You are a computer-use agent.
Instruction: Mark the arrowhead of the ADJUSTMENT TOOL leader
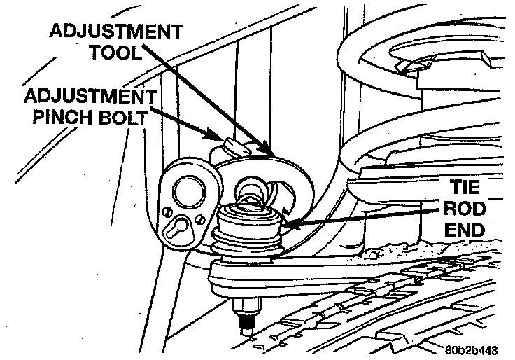269,150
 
